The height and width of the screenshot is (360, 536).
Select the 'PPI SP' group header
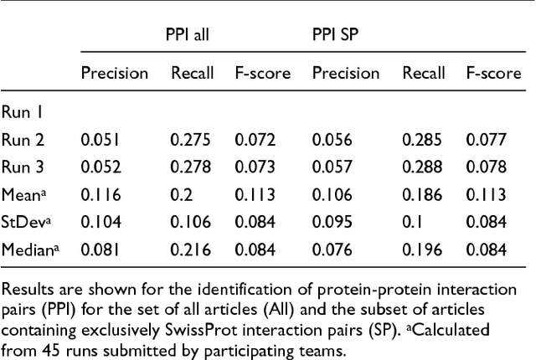pyautogui.click(x=338, y=36)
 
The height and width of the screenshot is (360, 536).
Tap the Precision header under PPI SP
pyautogui.click(x=346, y=74)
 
